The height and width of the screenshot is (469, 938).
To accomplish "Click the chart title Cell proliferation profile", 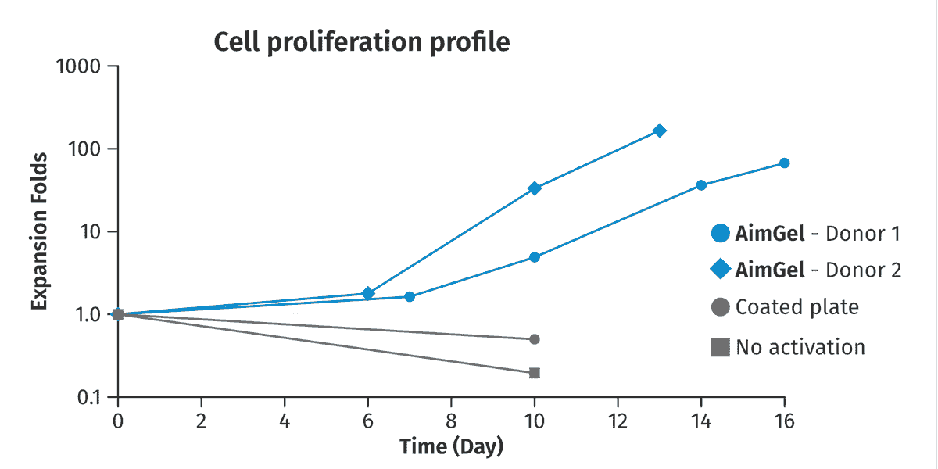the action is pyautogui.click(x=362, y=43).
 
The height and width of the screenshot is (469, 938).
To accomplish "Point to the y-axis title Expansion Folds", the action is pyautogui.click(x=39, y=231).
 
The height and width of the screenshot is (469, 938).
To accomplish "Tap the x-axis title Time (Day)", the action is pyautogui.click(x=452, y=447).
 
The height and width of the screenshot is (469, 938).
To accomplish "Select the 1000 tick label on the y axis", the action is pyautogui.click(x=78, y=66).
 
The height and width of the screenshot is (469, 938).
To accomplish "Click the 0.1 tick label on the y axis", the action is pyautogui.click(x=89, y=397).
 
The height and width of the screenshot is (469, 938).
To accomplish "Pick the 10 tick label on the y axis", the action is pyautogui.click(x=91, y=231).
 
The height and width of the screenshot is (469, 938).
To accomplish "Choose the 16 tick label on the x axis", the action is pyautogui.click(x=784, y=421).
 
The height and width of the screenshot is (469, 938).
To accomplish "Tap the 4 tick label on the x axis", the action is pyautogui.click(x=285, y=421).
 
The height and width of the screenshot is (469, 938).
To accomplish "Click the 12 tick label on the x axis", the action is pyautogui.click(x=618, y=421).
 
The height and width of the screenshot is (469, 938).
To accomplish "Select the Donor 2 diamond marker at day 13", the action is pyautogui.click(x=660, y=131).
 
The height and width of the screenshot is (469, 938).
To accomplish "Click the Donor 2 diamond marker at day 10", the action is pyautogui.click(x=535, y=188).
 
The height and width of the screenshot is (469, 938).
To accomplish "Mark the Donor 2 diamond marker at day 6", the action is pyautogui.click(x=367, y=293).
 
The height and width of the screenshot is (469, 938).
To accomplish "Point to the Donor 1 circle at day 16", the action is pyautogui.click(x=784, y=163).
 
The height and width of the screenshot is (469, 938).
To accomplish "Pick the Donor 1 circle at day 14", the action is pyautogui.click(x=701, y=185).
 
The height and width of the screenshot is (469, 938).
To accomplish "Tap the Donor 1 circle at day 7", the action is pyautogui.click(x=410, y=297).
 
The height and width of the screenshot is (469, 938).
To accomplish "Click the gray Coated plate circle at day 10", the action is pyautogui.click(x=535, y=339).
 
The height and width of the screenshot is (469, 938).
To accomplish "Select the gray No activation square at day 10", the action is pyautogui.click(x=535, y=373).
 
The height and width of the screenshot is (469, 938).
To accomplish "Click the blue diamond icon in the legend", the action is pyautogui.click(x=721, y=269).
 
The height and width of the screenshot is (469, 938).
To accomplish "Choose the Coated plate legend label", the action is pyautogui.click(x=797, y=307).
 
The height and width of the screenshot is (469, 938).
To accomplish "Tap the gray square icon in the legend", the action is pyautogui.click(x=720, y=347).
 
